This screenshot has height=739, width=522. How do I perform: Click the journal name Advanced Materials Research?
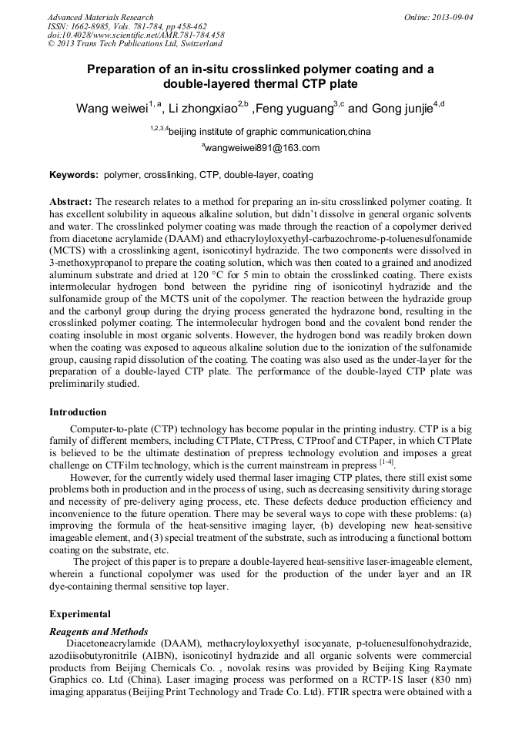(x=100, y=17)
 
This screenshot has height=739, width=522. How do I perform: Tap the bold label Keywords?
(x=75, y=175)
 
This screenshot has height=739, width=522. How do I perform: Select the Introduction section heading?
(x=78, y=412)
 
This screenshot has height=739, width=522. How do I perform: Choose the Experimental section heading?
(x=80, y=614)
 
